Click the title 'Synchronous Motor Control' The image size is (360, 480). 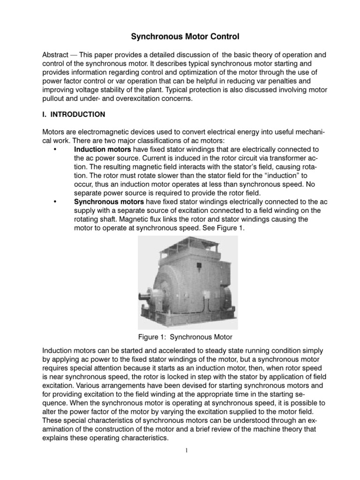(180, 36)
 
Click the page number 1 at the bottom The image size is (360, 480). (186, 450)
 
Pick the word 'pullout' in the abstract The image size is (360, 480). (54, 99)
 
